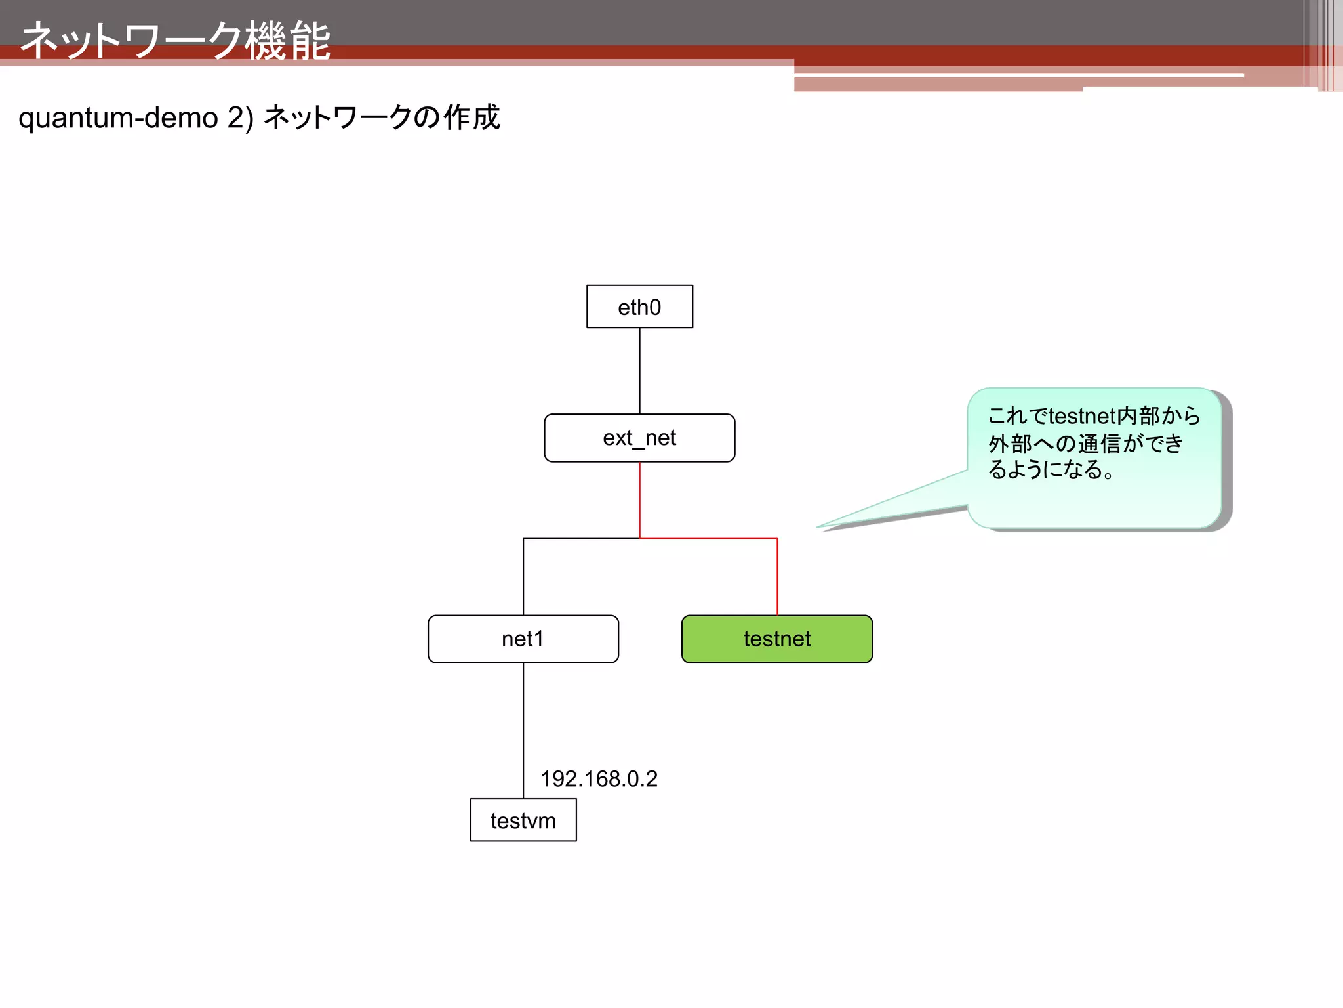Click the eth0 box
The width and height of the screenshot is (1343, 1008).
pyautogui.click(x=639, y=306)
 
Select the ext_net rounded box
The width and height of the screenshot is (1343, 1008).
pyautogui.click(x=639, y=438)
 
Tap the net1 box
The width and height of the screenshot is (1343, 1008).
pyautogui.click(x=523, y=639)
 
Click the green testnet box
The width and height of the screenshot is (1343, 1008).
pyautogui.click(x=777, y=639)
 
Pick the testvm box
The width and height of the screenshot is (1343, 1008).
pyautogui.click(x=523, y=820)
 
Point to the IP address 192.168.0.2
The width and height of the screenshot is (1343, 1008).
pyautogui.click(x=599, y=779)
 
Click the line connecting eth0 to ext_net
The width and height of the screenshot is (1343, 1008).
pyautogui.click(x=639, y=371)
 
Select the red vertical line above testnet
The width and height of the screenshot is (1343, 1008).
pyautogui.click(x=777, y=577)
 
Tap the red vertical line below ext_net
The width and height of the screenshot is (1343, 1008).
pyautogui.click(x=639, y=499)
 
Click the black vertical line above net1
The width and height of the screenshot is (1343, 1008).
pyautogui.click(x=523, y=577)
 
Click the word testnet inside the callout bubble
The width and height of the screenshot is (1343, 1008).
pyautogui.click(x=1082, y=416)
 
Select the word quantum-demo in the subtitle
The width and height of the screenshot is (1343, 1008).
pyautogui.click(x=118, y=118)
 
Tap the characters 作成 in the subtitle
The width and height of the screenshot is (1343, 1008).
pyautogui.click(x=472, y=118)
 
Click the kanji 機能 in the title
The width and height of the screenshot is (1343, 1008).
pyautogui.click(x=289, y=41)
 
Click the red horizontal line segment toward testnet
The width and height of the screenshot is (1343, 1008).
pyautogui.click(x=708, y=539)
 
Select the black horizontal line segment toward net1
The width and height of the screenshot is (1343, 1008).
pyautogui.click(x=581, y=539)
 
